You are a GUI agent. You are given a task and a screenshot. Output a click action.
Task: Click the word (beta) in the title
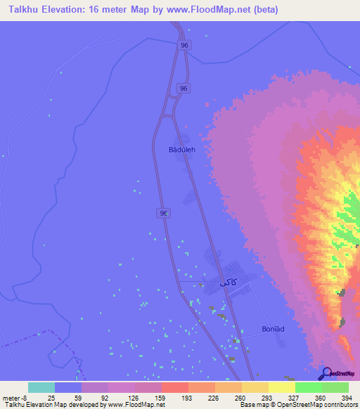click(267, 10)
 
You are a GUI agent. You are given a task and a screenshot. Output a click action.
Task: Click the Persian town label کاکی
click(226, 282)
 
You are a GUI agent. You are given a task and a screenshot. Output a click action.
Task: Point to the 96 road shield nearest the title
click(184, 45)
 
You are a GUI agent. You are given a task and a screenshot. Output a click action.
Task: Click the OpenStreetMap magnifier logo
click(325, 374)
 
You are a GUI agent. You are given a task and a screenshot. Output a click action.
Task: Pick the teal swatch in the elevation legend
click(41, 387)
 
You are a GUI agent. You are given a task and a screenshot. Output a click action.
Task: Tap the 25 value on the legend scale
click(51, 397)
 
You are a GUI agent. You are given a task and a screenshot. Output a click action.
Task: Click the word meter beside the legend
click(12, 397)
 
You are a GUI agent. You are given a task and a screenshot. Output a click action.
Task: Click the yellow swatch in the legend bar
click(281, 387)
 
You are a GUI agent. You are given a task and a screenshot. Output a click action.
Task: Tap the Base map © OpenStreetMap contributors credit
click(297, 405)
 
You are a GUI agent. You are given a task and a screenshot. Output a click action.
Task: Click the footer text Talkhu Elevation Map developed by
click(53, 405)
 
